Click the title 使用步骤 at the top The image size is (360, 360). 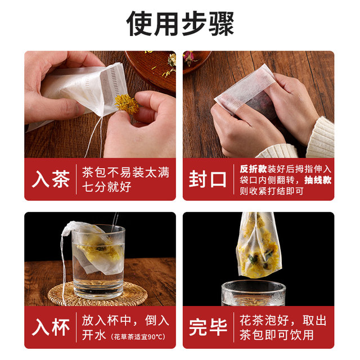pyautogui.click(x=179, y=23)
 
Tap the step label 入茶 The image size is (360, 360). pyautogui.click(x=50, y=179)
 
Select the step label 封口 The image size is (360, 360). pyautogui.click(x=208, y=179)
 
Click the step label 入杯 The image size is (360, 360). pyautogui.click(x=50, y=327)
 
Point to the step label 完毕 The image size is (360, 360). pyautogui.click(x=208, y=327)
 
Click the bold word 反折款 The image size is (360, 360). pyautogui.click(x=252, y=168)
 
